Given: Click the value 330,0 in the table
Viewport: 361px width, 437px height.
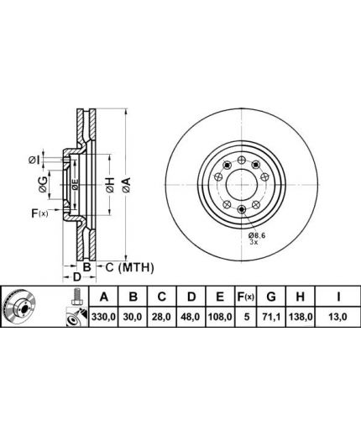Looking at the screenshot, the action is click(x=103, y=317).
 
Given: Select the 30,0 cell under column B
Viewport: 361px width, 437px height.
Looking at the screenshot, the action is click(x=133, y=317).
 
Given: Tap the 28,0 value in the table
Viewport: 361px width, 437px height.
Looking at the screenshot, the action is click(x=162, y=317).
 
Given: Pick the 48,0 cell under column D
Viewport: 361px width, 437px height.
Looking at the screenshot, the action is click(x=191, y=317).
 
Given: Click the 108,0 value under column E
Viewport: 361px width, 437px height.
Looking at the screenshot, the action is click(x=220, y=317).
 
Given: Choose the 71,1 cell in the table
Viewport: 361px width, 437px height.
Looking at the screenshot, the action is click(x=271, y=317).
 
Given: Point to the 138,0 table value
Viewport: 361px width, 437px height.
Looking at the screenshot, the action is click(x=301, y=317).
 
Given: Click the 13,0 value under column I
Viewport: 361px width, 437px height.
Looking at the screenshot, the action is click(x=338, y=317).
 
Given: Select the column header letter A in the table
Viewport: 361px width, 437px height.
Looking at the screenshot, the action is click(x=104, y=297).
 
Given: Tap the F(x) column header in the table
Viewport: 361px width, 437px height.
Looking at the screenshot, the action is click(x=245, y=297).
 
